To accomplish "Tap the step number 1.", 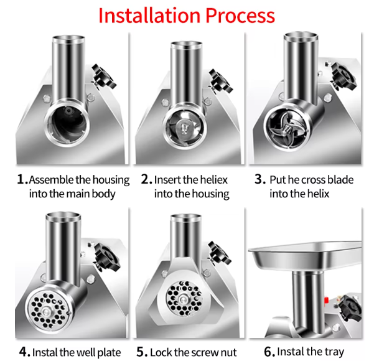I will (22, 180).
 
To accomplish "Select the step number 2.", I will (146, 180).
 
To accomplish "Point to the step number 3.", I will (260, 180).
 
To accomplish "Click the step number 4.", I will (24, 352).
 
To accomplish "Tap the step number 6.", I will (269, 352).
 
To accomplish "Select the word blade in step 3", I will (338, 180).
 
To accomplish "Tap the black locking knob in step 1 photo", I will (100, 76).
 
